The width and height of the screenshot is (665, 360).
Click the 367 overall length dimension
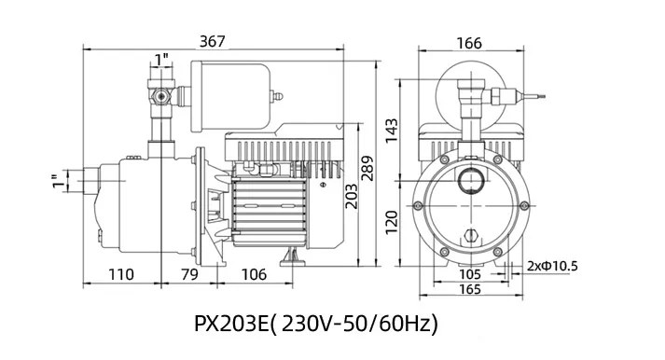click(x=212, y=41)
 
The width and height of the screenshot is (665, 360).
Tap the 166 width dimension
click(x=469, y=43)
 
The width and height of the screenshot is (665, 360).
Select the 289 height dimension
click(x=367, y=168)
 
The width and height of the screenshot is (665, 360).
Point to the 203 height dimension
click(x=351, y=196)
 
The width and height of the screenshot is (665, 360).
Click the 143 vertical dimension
click(x=392, y=131)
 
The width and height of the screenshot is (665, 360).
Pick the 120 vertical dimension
click(x=392, y=222)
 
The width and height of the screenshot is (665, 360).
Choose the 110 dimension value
click(x=121, y=274)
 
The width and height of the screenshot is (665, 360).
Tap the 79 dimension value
click(x=189, y=274)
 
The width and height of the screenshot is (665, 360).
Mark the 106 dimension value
click(x=254, y=274)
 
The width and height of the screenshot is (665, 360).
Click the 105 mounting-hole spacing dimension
click(x=470, y=274)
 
